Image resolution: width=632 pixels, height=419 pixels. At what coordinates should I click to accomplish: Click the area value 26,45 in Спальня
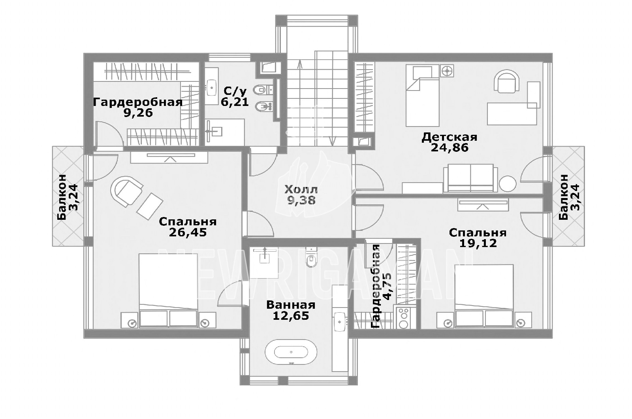click(x=188, y=233)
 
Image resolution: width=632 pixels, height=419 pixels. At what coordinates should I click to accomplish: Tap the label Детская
click(x=450, y=137)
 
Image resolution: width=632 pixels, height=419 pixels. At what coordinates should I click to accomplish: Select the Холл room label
click(x=301, y=189)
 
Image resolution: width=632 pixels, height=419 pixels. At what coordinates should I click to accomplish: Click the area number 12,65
click(x=291, y=316)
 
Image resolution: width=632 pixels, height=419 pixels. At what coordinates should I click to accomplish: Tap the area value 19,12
click(x=478, y=243)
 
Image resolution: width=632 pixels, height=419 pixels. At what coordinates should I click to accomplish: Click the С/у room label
click(x=235, y=91)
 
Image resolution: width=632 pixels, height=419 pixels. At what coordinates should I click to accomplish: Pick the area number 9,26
click(x=138, y=113)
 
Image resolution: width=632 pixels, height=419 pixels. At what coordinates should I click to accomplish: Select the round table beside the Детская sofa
click(x=508, y=184)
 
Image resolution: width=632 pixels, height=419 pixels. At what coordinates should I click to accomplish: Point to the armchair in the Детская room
click(x=507, y=81)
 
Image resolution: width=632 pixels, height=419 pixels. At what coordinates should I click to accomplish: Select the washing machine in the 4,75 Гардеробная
click(x=404, y=318)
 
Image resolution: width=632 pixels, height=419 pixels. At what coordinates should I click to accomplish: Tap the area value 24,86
click(x=450, y=148)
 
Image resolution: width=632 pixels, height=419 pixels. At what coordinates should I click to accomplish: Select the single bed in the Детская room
click(x=422, y=95)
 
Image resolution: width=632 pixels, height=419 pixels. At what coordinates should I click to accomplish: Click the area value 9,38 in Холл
click(x=301, y=200)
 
